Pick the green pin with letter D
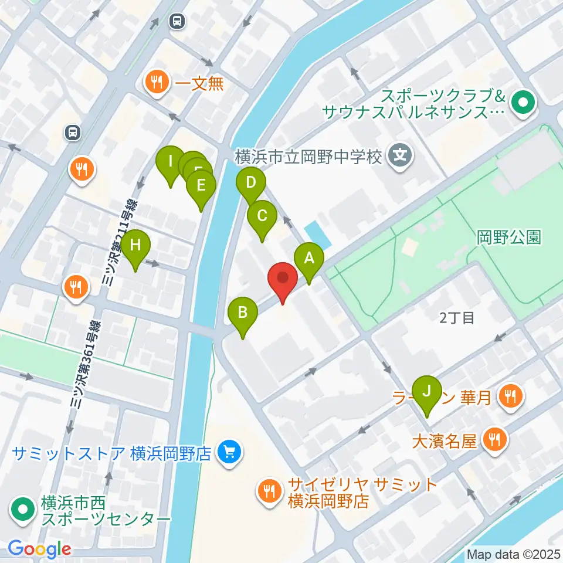tap(251, 183)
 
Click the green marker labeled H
tap(135, 245)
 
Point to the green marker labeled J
tap(427, 391)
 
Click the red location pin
tap(283, 278)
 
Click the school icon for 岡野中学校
tap(401, 157)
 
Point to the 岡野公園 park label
tap(508, 237)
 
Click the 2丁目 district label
tap(456, 318)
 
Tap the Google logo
tap(40, 549)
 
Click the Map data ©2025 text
tap(513, 554)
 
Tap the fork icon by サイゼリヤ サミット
tap(270, 491)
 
